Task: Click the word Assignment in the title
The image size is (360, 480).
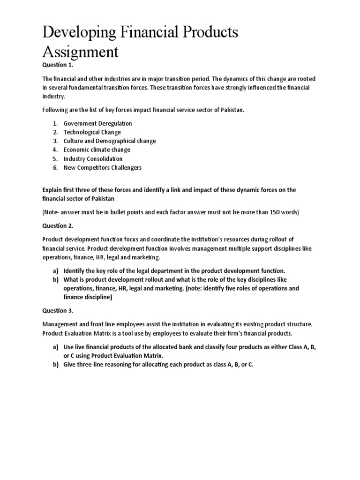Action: click(80, 52)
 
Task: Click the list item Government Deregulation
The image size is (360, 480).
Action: click(97, 123)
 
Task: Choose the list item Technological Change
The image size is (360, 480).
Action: click(92, 132)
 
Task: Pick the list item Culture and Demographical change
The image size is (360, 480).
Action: click(110, 141)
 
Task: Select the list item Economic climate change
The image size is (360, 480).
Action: click(97, 150)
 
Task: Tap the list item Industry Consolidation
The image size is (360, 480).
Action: click(93, 159)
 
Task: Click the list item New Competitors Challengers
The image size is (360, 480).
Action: click(103, 168)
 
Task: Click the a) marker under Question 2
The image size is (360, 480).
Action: click(55, 271)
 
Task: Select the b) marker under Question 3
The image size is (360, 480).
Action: click(55, 364)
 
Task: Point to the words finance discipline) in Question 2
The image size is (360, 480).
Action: click(88, 297)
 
